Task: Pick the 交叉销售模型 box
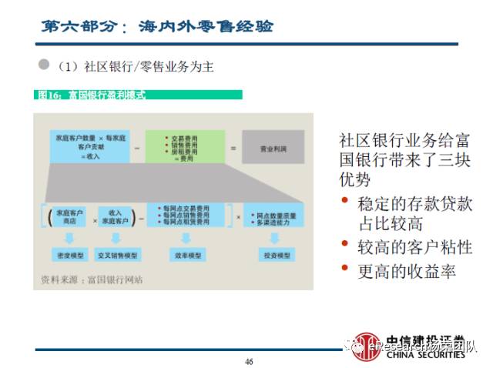click(x=117, y=253)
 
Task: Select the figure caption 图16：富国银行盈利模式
click(x=92, y=95)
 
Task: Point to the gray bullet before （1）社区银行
click(x=44, y=65)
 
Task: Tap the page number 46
click(x=249, y=361)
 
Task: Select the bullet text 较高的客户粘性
click(x=414, y=246)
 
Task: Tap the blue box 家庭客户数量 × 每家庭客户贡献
click(x=85, y=146)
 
